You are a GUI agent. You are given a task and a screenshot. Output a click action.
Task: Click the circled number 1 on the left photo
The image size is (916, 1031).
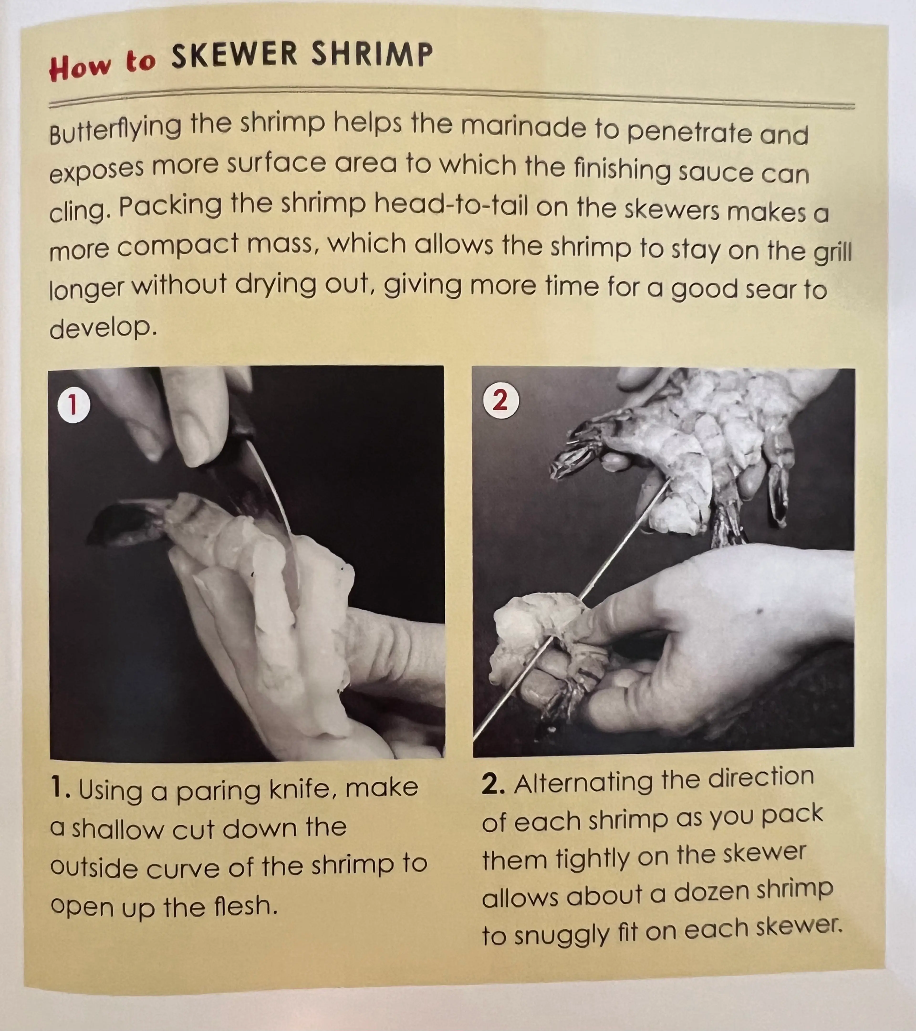[x=74, y=405]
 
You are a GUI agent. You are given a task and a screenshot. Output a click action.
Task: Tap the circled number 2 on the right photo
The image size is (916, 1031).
[x=500, y=401]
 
